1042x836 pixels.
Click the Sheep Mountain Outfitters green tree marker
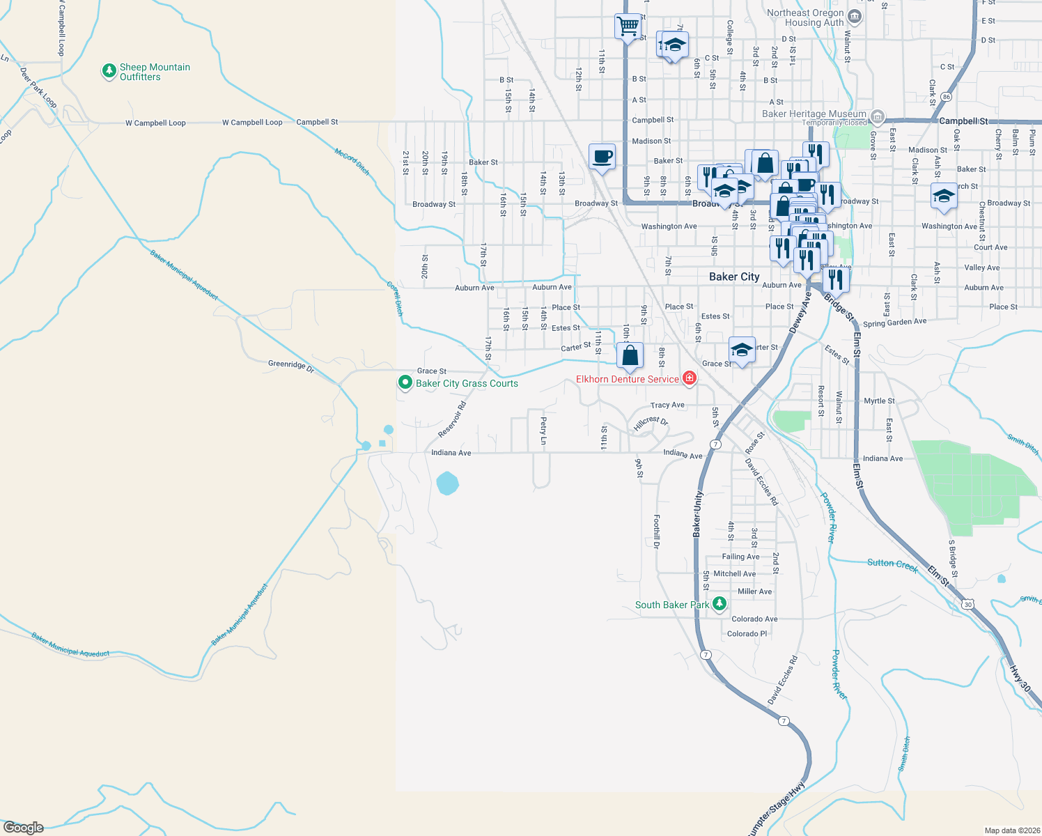(x=109, y=71)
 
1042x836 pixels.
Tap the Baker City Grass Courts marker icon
(x=405, y=382)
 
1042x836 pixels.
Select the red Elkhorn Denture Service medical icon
(x=690, y=378)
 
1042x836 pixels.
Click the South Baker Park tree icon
(x=720, y=604)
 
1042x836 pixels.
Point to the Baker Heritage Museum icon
(x=878, y=116)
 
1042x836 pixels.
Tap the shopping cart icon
(x=628, y=27)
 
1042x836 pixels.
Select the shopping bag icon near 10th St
(x=630, y=355)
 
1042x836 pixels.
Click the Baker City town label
(x=734, y=277)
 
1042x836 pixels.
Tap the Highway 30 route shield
(x=968, y=604)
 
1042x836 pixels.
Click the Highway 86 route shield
(x=946, y=97)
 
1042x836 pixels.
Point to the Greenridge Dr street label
(x=291, y=365)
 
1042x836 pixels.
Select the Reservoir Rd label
(x=452, y=419)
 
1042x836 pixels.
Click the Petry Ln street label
(x=543, y=431)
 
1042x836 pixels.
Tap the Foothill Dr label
(x=656, y=532)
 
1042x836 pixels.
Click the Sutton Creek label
(x=892, y=564)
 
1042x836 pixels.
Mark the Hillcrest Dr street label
(x=651, y=423)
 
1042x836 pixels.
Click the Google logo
(x=24, y=827)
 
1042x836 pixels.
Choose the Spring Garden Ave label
(x=894, y=323)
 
